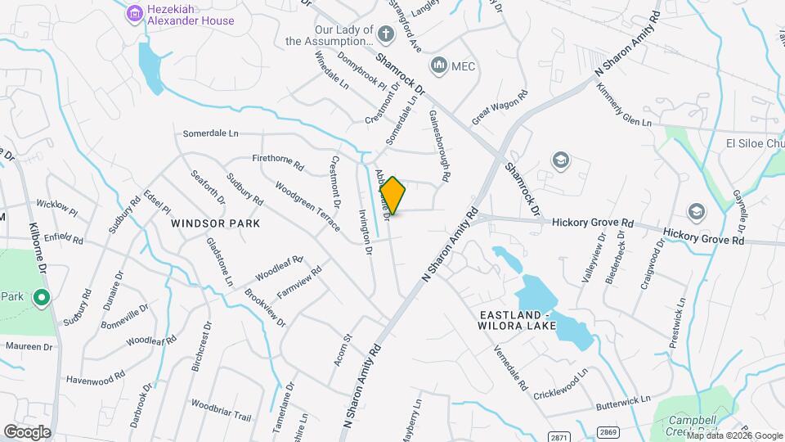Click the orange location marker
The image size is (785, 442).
[x=392, y=196]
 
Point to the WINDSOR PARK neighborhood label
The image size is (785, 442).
[x=215, y=223]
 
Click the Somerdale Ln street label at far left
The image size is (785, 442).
[x=210, y=133]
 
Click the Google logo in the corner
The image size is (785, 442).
[x=27, y=431]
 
